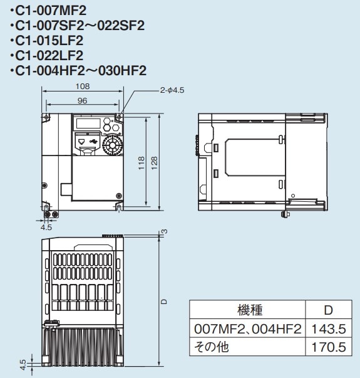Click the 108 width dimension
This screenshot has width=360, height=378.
82,87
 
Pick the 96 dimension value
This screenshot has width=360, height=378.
82,100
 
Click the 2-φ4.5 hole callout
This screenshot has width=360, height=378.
172,90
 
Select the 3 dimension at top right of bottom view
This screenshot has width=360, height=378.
164,232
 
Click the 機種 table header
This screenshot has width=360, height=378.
249,310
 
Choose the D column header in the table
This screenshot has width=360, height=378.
328,310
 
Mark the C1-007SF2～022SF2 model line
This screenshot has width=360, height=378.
78,26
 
